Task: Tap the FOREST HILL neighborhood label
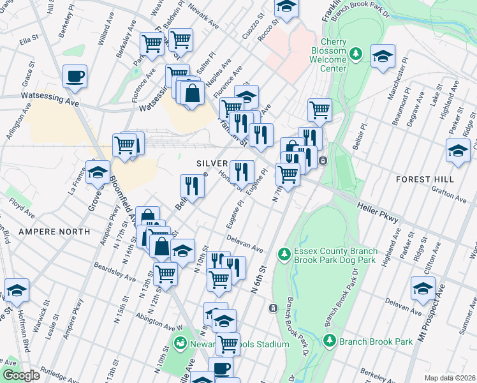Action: (425, 179)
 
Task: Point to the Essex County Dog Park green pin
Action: (284, 255)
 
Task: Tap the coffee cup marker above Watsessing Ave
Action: (75, 77)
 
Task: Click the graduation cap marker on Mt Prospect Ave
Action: (423, 289)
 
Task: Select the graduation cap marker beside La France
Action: (98, 173)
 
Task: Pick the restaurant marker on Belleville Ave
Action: (192, 186)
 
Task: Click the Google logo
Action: (21, 375)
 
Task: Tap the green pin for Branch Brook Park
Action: (329, 340)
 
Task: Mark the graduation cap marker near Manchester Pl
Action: (383, 57)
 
